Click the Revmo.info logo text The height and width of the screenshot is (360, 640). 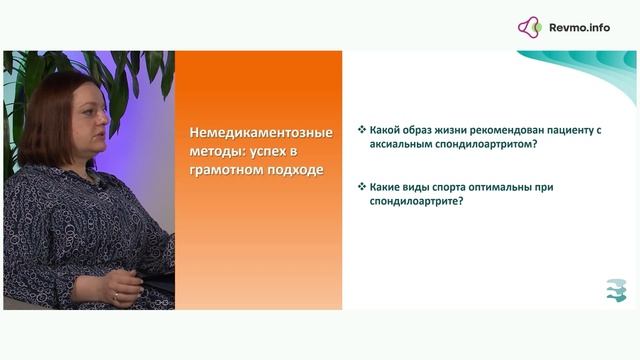click(579, 27)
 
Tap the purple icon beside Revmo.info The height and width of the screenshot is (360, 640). click(530, 27)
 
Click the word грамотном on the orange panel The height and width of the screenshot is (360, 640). click(224, 169)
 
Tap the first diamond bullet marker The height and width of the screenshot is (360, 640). click(361, 130)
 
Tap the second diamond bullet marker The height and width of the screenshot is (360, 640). click(361, 186)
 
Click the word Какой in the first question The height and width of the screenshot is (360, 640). click(386, 130)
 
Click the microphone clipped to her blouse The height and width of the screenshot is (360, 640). click(100, 186)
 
